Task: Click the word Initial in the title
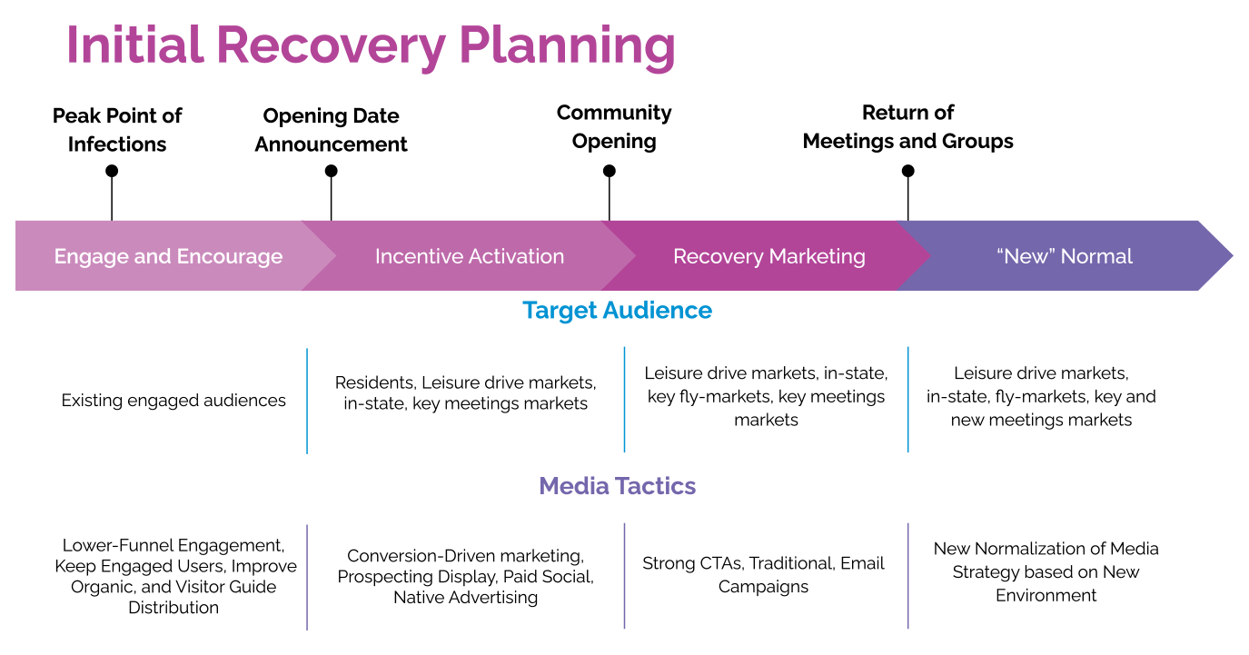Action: tap(135, 45)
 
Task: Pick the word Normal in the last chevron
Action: tap(1098, 256)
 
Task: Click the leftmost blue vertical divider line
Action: tap(307, 400)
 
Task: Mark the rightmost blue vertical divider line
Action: tap(908, 400)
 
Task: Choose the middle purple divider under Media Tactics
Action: tap(624, 576)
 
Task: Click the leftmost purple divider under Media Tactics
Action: tap(307, 576)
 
